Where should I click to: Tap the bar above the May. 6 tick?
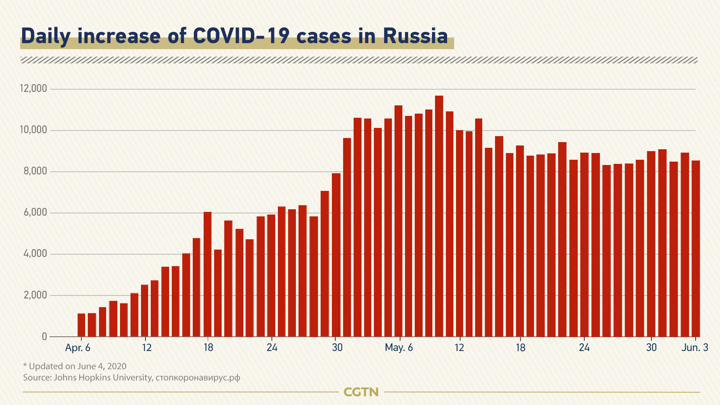(x=398, y=221)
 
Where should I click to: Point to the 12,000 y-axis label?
(x=33, y=88)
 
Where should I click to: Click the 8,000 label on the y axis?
(x=35, y=171)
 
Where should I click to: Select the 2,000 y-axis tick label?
(x=35, y=295)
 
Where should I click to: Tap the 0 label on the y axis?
(x=45, y=336)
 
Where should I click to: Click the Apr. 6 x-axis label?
(x=78, y=348)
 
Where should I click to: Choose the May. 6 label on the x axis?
(x=399, y=348)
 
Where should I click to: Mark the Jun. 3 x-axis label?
(x=694, y=348)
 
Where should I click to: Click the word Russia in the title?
(x=415, y=36)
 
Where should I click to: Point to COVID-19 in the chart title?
(x=241, y=36)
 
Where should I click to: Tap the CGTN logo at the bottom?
(x=361, y=392)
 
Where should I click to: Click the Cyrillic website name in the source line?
(x=198, y=378)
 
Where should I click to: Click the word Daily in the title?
(x=45, y=36)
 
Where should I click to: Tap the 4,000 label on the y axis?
(x=35, y=254)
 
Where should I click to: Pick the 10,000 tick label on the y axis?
(x=33, y=130)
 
